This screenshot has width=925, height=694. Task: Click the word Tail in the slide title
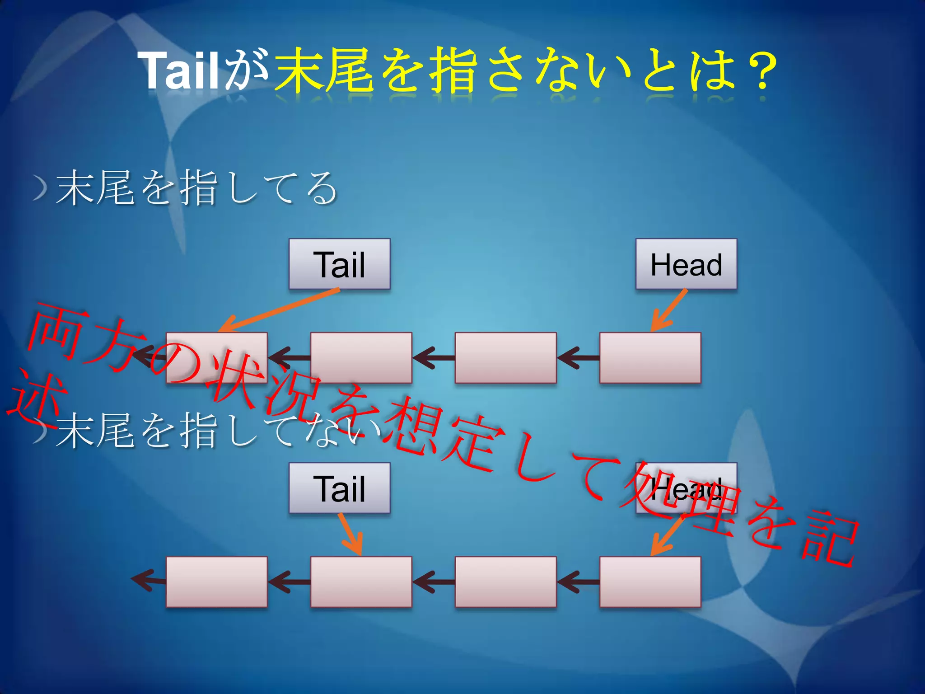[x=178, y=70]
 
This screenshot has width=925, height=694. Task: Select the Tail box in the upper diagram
[x=340, y=264]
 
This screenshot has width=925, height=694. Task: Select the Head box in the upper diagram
[x=686, y=264]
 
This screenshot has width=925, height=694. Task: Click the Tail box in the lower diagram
[x=340, y=488]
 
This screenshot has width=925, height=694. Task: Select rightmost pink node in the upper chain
[x=650, y=358]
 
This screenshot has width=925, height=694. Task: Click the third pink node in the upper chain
[x=505, y=358]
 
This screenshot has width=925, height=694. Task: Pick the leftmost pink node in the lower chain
[x=216, y=582]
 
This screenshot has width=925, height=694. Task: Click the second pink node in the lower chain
[x=361, y=582]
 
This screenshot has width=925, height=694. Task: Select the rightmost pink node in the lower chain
[x=650, y=582]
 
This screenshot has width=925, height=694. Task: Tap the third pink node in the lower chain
[x=505, y=582]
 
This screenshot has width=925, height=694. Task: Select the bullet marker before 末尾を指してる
[x=41, y=188]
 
